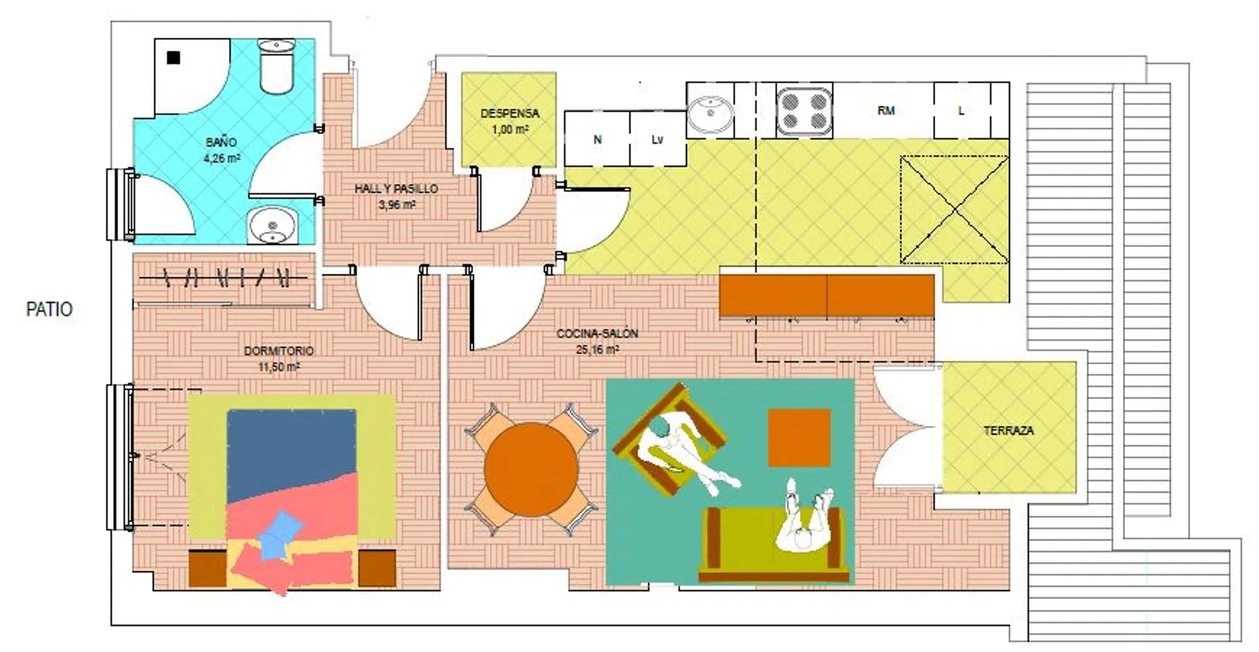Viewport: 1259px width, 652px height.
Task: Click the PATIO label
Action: click(x=50, y=309)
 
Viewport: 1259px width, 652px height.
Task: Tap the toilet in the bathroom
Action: click(x=275, y=65)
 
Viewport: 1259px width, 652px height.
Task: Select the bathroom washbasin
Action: click(x=273, y=226)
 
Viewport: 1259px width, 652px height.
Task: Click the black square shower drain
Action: click(x=173, y=57)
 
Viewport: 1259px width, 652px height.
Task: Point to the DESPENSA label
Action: click(x=509, y=113)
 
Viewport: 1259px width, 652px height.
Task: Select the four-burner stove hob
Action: click(x=804, y=112)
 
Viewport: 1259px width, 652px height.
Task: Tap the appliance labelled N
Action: click(x=597, y=138)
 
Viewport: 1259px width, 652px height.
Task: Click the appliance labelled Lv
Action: click(x=657, y=138)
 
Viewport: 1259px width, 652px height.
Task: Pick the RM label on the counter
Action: click(x=885, y=111)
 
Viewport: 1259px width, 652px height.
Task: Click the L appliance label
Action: click(x=961, y=111)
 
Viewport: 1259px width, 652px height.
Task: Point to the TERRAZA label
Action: click(x=1009, y=430)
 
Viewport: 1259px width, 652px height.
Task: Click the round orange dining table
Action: click(x=531, y=469)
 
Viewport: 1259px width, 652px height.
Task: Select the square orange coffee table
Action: click(x=799, y=438)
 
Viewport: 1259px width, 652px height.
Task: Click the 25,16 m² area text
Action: click(x=598, y=350)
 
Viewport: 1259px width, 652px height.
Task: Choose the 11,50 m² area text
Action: click(x=279, y=367)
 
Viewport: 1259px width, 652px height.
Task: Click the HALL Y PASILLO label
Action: click(x=396, y=189)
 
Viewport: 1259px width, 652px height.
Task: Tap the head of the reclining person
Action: click(x=659, y=428)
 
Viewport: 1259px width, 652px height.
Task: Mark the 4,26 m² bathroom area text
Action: click(x=222, y=159)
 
